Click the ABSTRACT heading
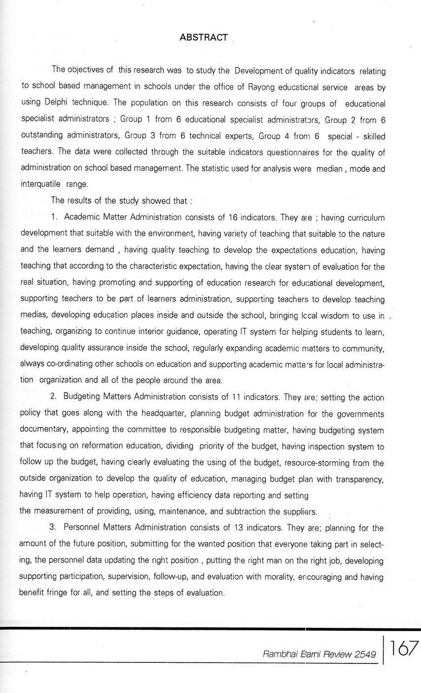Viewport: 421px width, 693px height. pyautogui.click(x=204, y=37)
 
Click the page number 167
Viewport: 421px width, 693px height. pyautogui.click(x=404, y=648)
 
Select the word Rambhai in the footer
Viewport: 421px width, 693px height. pyautogui.click(x=279, y=655)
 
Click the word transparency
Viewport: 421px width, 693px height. pyautogui.click(x=359, y=478)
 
